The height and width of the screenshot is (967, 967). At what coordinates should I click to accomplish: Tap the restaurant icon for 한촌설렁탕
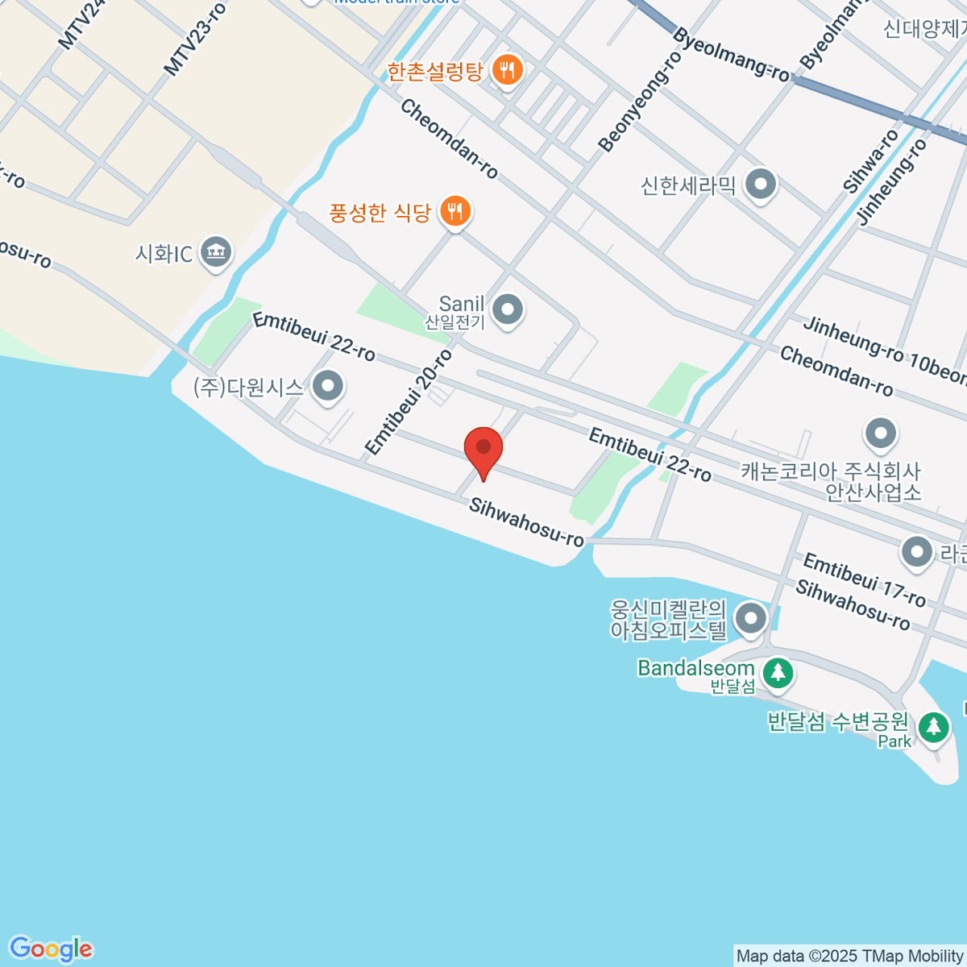[507, 71]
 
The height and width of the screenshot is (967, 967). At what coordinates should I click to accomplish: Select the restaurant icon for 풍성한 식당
[455, 212]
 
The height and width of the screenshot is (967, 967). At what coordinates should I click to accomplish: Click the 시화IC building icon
[215, 253]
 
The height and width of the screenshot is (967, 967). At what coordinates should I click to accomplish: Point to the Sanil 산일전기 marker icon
[508, 309]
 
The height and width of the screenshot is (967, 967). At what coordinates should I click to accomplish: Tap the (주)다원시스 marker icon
[328, 386]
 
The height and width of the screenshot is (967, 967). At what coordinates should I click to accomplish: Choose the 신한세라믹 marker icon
[760, 185]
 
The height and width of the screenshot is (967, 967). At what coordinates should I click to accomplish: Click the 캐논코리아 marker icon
[880, 434]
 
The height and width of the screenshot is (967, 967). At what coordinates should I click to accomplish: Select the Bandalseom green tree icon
[778, 672]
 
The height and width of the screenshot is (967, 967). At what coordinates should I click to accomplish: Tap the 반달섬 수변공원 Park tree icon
[933, 728]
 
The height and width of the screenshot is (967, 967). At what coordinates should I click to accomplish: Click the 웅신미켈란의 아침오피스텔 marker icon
[752, 619]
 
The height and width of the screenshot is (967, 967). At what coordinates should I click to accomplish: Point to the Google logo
[51, 949]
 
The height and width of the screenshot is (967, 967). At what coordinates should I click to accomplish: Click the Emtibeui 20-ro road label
[409, 401]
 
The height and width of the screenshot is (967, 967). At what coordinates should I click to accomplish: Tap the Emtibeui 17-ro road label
[865, 579]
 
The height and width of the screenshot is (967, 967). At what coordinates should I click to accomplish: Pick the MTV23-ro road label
[195, 39]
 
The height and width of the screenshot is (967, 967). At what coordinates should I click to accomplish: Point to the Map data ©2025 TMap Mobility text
[850, 957]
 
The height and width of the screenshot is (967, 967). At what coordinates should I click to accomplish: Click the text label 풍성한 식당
[380, 213]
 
